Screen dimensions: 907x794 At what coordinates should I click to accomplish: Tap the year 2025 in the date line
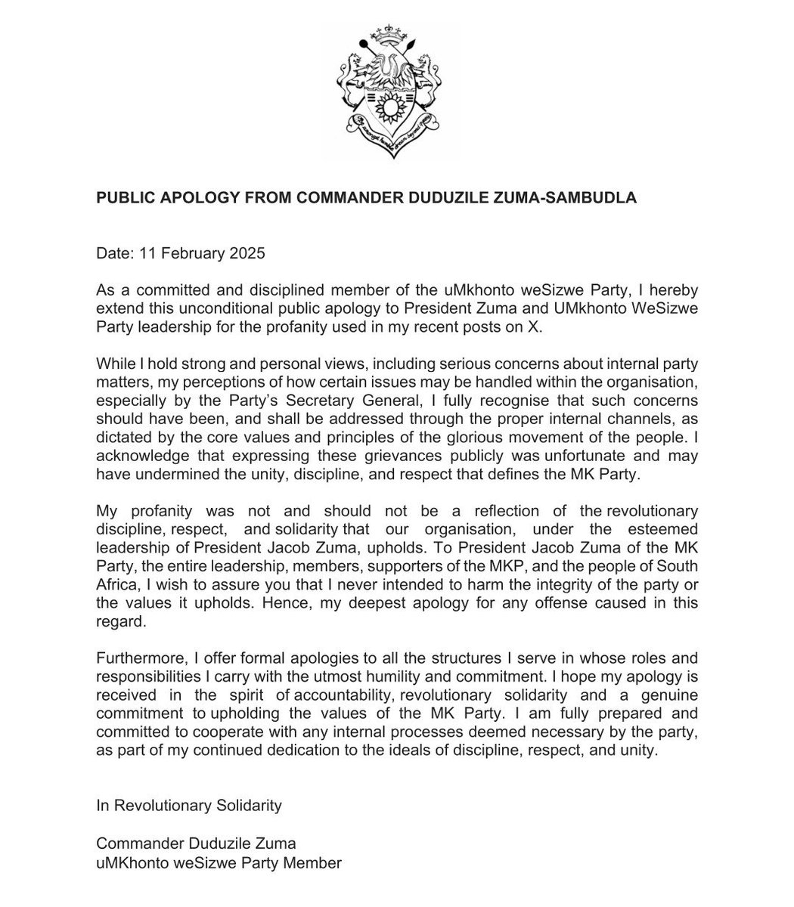click(247, 254)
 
